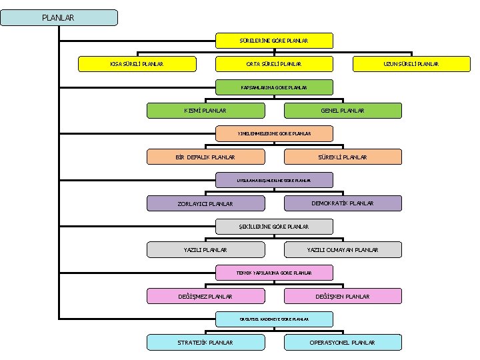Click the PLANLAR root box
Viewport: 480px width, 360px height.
59,17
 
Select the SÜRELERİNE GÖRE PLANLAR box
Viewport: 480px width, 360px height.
274,41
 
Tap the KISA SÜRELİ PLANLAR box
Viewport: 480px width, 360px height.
137,64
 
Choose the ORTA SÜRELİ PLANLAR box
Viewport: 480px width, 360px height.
274,64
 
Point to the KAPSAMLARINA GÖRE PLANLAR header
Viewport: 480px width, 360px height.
274,87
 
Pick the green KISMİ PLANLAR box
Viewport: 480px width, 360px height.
205,111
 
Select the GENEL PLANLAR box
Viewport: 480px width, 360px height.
343,111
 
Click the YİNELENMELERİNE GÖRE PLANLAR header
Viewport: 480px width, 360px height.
274,133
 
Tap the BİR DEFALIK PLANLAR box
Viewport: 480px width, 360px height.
205,157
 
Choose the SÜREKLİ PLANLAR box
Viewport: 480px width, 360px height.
343,157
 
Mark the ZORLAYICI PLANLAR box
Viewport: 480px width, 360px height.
205,204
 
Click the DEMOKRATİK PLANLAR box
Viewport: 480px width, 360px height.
343,203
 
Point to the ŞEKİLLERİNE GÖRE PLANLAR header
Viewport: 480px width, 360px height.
274,227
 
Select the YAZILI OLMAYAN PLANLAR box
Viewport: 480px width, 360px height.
343,250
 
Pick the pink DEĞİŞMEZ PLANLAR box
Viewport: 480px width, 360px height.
205,296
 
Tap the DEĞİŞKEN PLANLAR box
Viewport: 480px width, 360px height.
343,296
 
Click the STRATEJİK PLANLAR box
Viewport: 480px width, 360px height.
205,343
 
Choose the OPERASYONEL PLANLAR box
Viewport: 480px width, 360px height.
343,343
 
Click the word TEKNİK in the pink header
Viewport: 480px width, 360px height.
244,273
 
